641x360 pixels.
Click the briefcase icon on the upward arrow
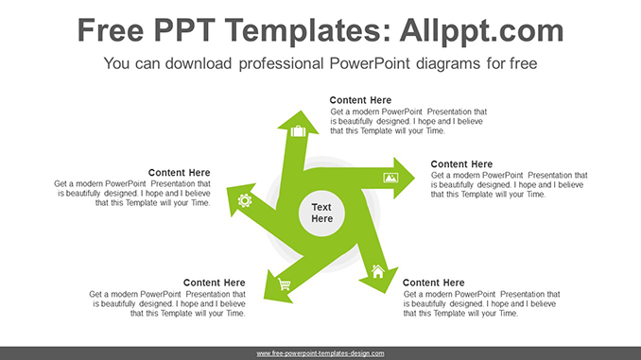click(x=298, y=130)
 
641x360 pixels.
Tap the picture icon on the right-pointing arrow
click(x=390, y=177)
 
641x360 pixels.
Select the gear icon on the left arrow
click(x=245, y=199)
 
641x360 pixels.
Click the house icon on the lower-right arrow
click(x=378, y=271)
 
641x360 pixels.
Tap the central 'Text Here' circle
click(x=321, y=213)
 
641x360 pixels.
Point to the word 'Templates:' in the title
click(x=286, y=31)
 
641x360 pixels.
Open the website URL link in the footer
click(x=320, y=353)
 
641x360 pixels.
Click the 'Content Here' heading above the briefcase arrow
click(x=360, y=100)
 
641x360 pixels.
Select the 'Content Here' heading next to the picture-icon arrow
click(x=461, y=164)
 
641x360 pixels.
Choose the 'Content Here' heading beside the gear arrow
click(x=179, y=173)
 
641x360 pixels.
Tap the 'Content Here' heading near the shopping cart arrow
click(x=214, y=283)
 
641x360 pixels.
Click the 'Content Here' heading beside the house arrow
click(x=433, y=283)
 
